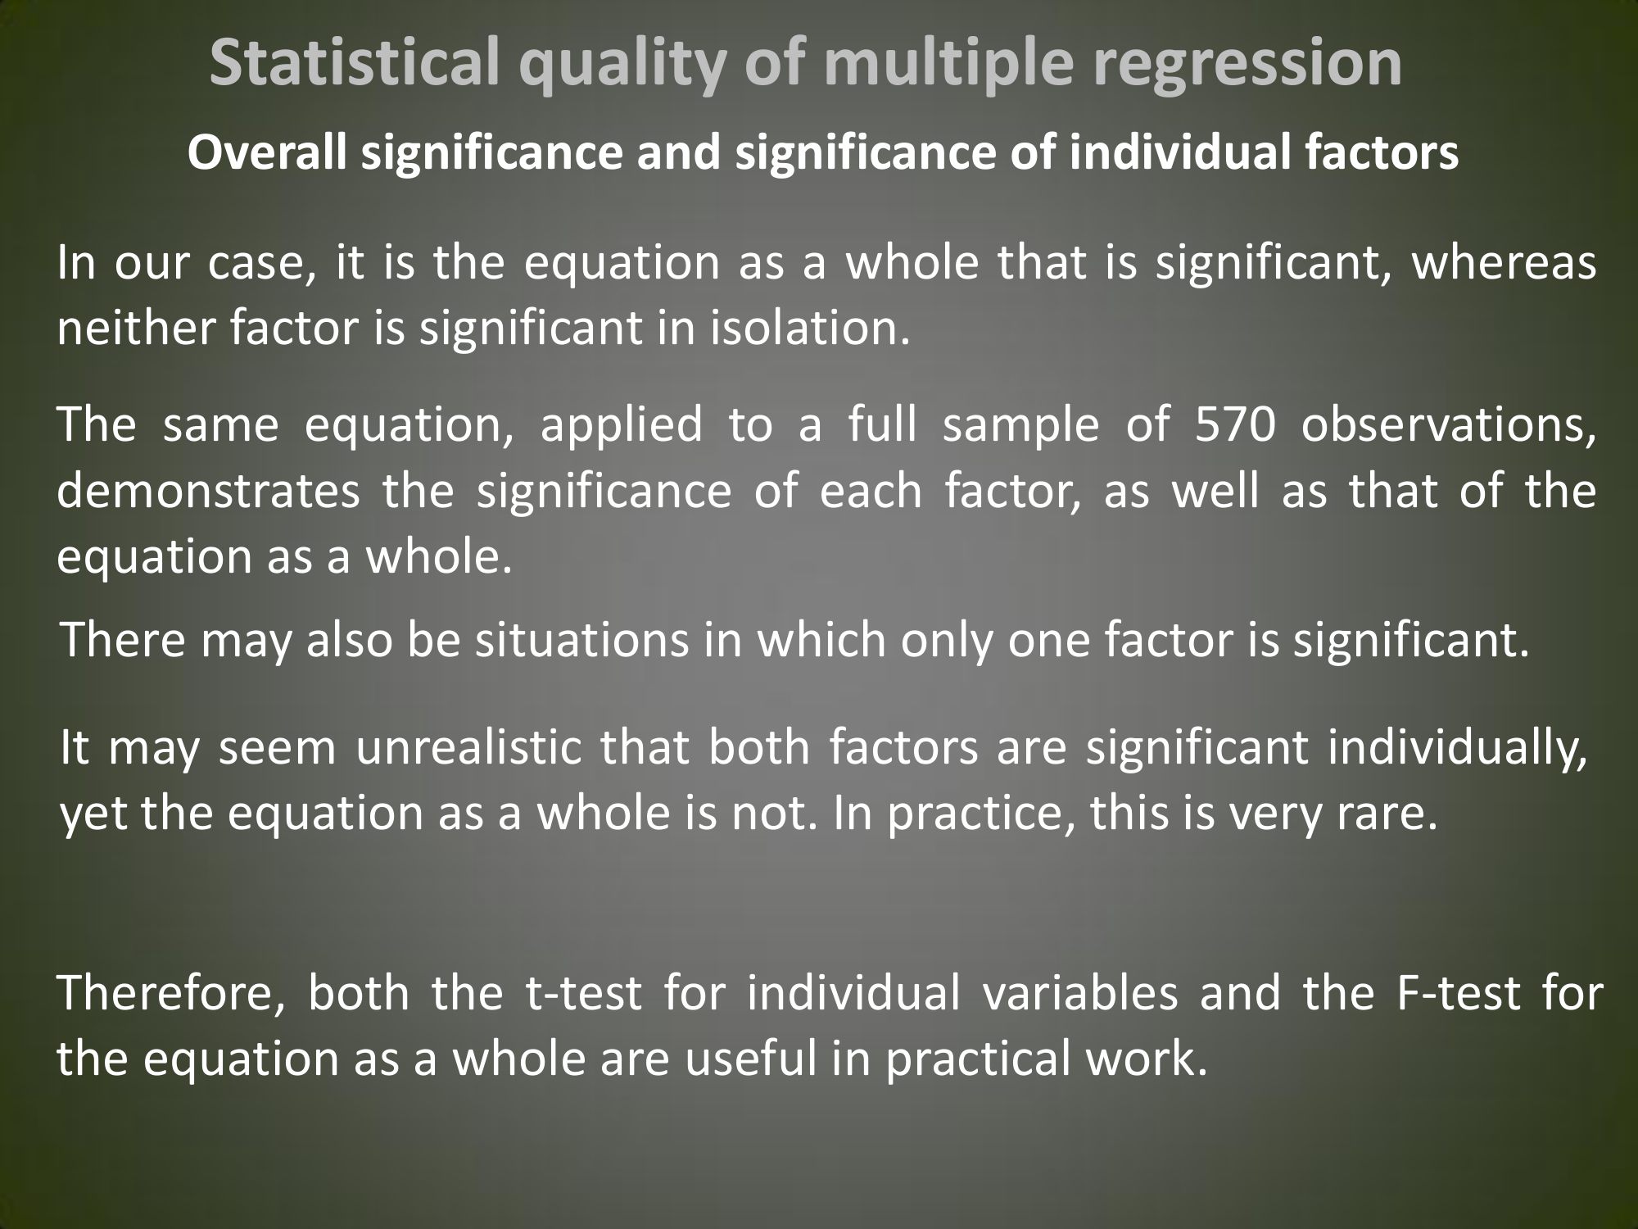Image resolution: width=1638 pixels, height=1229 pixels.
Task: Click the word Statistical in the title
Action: coord(354,64)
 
